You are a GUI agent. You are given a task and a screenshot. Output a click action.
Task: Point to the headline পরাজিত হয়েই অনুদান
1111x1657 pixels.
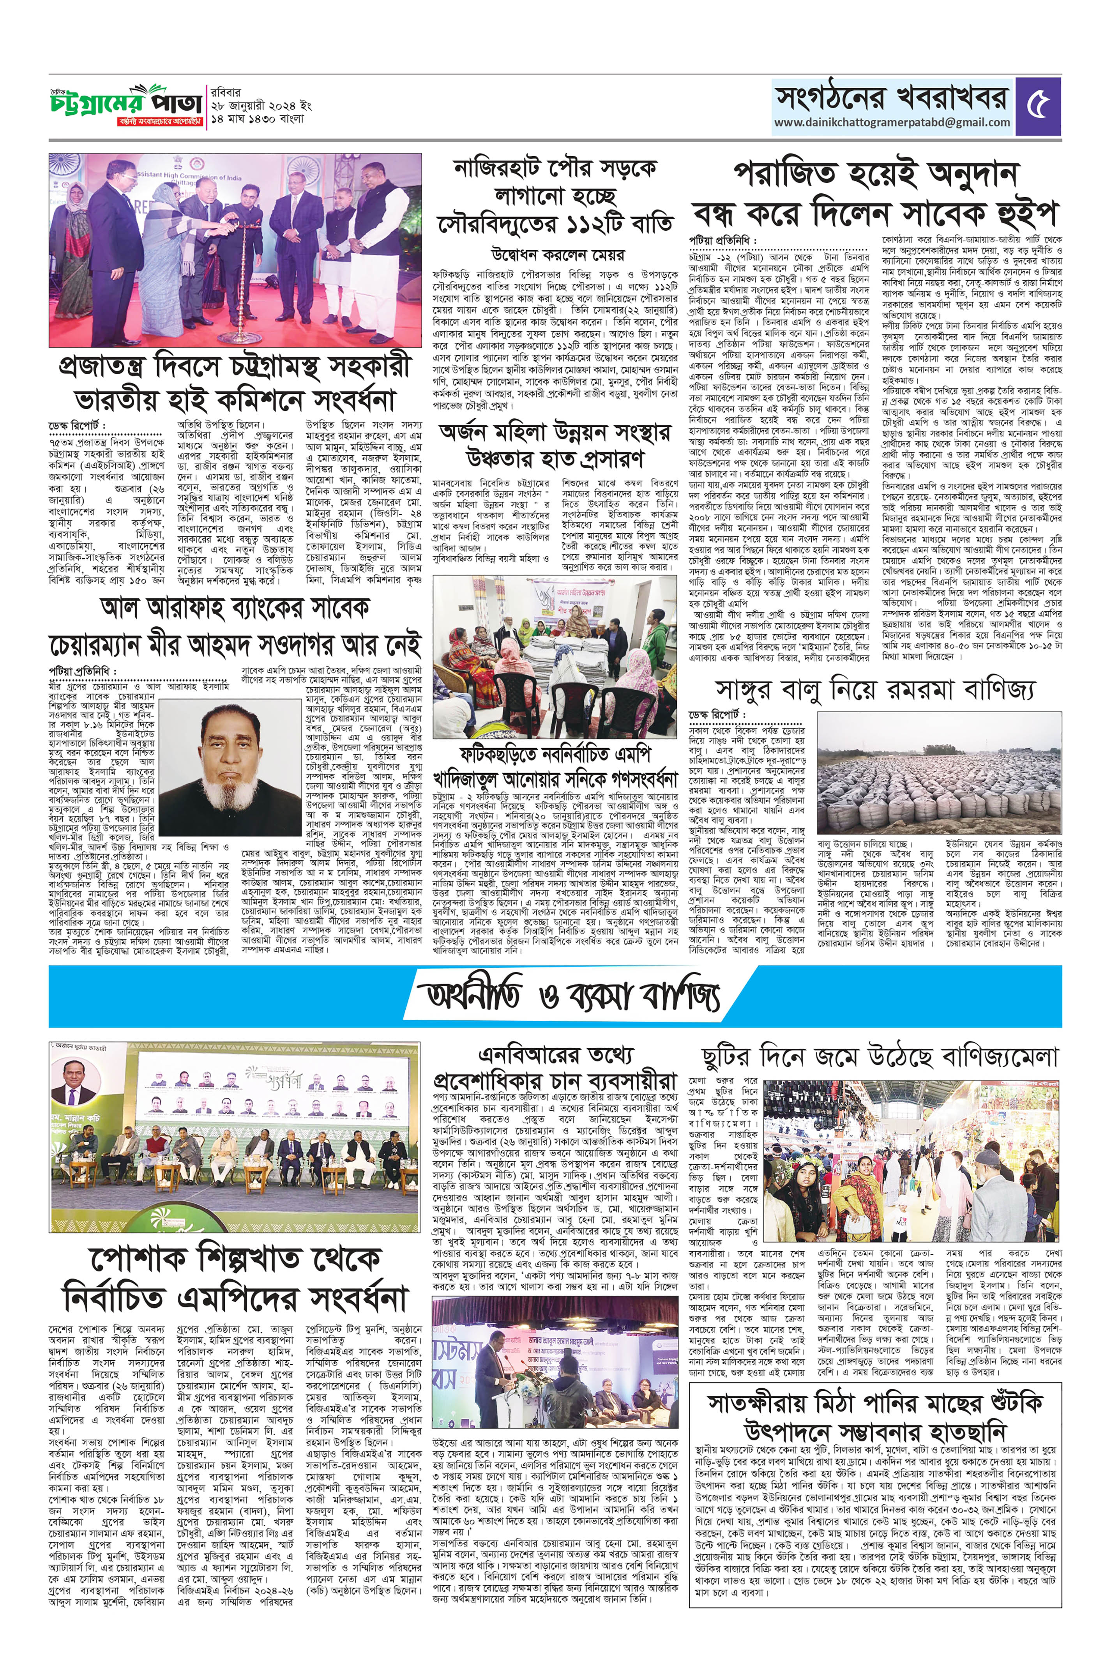[x=875, y=173]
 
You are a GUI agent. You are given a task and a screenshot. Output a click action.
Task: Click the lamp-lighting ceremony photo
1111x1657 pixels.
[x=235, y=250]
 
